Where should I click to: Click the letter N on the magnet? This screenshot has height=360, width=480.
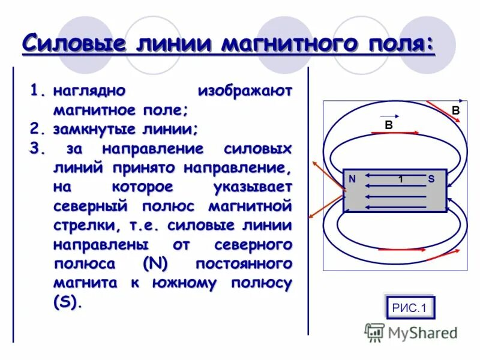(x=352, y=178)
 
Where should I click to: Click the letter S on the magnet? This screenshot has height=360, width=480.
(x=431, y=178)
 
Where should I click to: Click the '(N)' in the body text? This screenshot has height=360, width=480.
(x=157, y=264)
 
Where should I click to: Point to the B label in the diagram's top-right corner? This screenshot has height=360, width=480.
(x=455, y=110)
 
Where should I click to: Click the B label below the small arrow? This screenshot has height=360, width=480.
(x=389, y=125)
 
